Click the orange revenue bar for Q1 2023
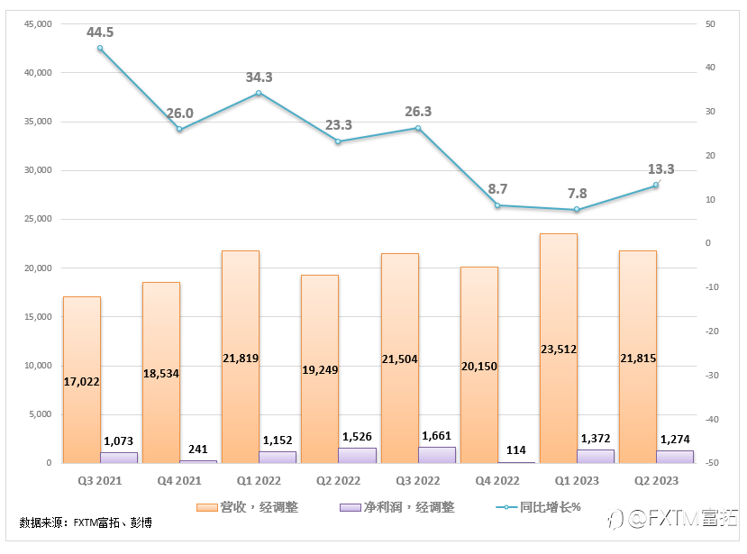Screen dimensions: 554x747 coord(558,306)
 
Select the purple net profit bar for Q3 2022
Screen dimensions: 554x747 coord(437,455)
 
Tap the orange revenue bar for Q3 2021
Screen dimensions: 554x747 coord(81,342)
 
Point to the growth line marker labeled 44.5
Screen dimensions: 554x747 coord(100,49)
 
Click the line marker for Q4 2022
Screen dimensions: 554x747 coord(497,205)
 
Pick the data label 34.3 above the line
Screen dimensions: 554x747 coord(259,77)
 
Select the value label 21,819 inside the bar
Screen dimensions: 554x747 coord(240,358)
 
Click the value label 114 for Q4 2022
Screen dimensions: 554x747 coord(516,450)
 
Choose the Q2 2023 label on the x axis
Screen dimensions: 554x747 coord(656,480)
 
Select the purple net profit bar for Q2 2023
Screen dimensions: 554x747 coord(675,457)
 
